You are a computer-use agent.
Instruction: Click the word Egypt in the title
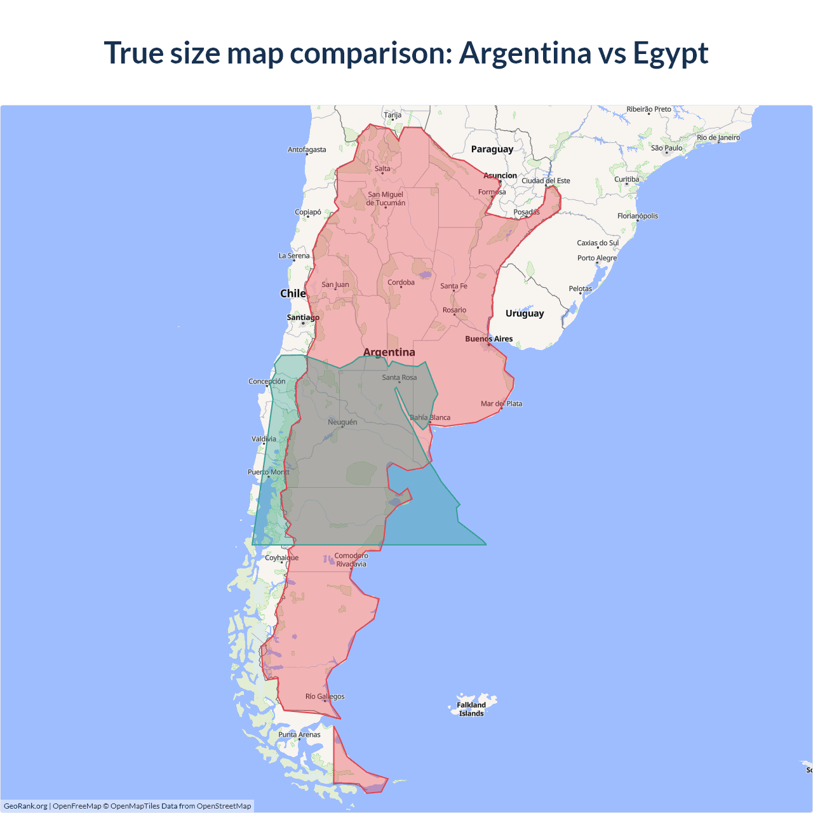pos(670,53)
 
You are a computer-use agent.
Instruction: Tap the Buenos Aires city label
pos(488,339)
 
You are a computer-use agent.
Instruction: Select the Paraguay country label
pos(492,149)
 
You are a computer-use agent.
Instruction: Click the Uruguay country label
pos(525,313)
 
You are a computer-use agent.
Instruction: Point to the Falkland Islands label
pos(471,709)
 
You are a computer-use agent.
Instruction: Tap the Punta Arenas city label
pos(299,735)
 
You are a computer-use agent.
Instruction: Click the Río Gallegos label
pos(325,697)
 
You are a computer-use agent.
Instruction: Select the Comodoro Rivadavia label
pos(351,560)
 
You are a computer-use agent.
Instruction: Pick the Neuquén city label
pos(342,422)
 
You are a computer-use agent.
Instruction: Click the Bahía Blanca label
pos(430,418)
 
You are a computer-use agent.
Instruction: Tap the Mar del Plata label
pos(501,404)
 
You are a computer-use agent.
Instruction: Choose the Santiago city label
pos(303,318)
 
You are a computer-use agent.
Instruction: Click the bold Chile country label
pos(293,293)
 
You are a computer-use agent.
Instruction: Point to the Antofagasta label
pos(307,150)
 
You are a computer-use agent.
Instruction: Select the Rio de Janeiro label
pos(718,138)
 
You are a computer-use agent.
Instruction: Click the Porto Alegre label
pos(596,259)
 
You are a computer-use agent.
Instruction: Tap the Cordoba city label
pos(401,283)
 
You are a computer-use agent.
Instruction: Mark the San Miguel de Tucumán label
pos(386,199)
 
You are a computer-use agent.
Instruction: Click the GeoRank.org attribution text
pos(25,806)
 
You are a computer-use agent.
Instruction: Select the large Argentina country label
pos(389,353)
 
